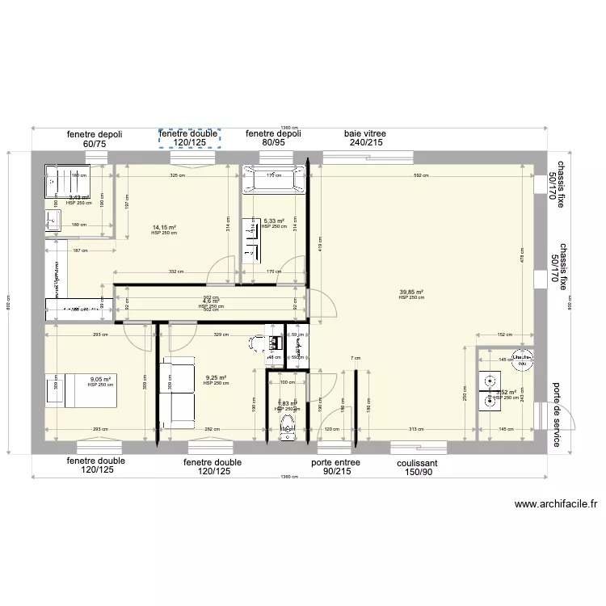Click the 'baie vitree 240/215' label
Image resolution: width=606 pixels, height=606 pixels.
[x=364, y=138]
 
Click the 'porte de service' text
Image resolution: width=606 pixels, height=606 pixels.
[x=557, y=415]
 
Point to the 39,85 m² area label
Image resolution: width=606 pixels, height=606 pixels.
[x=411, y=293]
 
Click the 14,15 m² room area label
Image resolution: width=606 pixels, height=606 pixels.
[x=164, y=229]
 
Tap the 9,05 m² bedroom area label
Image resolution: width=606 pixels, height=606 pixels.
[x=100, y=380]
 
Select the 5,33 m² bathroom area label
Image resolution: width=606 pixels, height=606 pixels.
[x=275, y=221]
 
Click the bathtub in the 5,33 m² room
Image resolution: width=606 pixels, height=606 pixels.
[x=275, y=179]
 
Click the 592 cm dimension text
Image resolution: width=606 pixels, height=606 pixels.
[x=419, y=175]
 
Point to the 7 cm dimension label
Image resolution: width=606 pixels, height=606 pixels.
[x=355, y=358]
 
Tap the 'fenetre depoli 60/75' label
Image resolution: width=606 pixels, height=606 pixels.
[x=95, y=139]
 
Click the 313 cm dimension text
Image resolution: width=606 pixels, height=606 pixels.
[x=417, y=429]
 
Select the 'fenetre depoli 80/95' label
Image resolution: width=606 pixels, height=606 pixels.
[x=273, y=138]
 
